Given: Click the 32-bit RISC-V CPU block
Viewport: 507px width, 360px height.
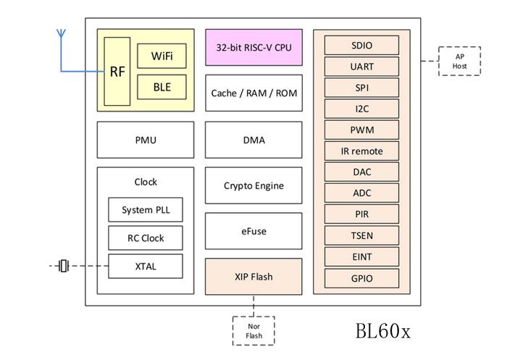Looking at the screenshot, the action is (253, 47).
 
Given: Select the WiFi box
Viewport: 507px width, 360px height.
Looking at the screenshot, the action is (162, 56).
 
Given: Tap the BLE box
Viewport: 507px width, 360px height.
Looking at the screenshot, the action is (162, 87).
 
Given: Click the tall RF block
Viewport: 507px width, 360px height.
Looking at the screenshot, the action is (117, 72).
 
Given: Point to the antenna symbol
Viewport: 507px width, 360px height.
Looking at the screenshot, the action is (61, 33).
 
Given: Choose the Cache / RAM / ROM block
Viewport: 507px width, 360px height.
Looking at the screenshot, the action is (253, 93).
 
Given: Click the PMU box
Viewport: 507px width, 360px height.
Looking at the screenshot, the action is (146, 140).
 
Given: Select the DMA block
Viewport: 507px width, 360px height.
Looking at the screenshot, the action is (253, 140).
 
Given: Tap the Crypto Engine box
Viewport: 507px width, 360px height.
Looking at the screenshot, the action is (253, 185).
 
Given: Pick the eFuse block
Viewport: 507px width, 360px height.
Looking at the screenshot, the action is (253, 231).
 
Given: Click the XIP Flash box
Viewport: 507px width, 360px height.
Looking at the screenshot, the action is (253, 277).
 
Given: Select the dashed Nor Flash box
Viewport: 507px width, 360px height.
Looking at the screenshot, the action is (253, 331).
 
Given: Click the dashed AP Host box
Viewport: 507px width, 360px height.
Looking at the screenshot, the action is (459, 61).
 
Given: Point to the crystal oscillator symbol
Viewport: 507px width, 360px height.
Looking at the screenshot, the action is (64, 266).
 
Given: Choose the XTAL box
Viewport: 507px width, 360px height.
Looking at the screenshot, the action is (146, 267).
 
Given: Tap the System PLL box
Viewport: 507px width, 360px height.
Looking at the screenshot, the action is (146, 209).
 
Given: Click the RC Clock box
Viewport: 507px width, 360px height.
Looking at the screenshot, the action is (146, 238).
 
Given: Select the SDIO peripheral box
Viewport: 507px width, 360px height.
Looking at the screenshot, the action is (362, 46).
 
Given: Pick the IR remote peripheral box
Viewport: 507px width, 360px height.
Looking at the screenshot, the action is (362, 151).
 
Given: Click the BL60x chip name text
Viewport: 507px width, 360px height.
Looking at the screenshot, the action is (383, 331).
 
